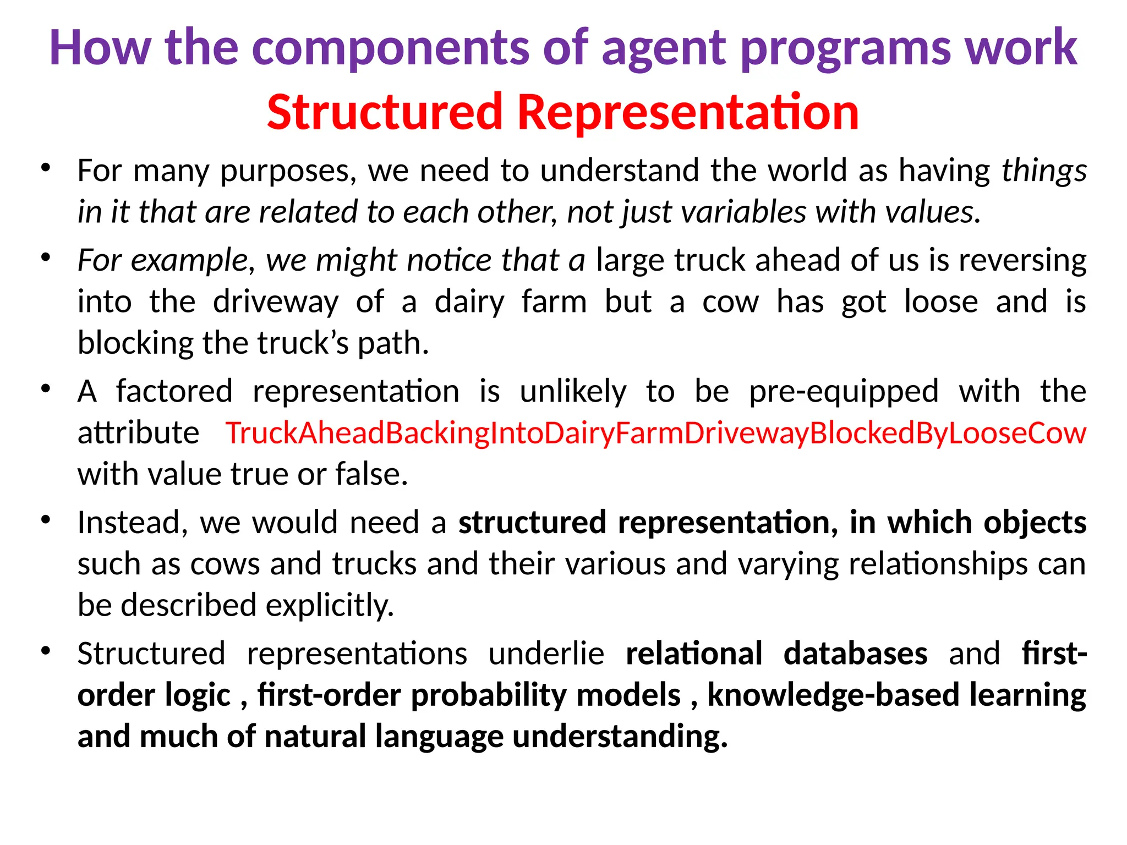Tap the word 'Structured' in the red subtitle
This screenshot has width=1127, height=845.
click(x=385, y=112)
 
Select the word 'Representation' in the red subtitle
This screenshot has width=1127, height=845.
click(x=688, y=112)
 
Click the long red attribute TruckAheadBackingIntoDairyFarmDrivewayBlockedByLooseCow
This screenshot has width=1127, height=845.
click(x=655, y=433)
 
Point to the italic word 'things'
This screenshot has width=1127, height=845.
click(x=1043, y=171)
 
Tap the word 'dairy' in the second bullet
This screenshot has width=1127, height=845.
click(x=469, y=302)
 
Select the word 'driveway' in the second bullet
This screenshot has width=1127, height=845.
click(x=276, y=302)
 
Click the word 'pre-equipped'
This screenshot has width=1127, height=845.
click(x=844, y=392)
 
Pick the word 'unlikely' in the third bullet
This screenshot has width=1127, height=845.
click(x=573, y=392)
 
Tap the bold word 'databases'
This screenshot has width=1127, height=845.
click(x=855, y=654)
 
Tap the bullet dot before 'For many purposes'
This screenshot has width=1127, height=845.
click(x=46, y=167)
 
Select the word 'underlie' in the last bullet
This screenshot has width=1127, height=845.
click(x=546, y=654)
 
